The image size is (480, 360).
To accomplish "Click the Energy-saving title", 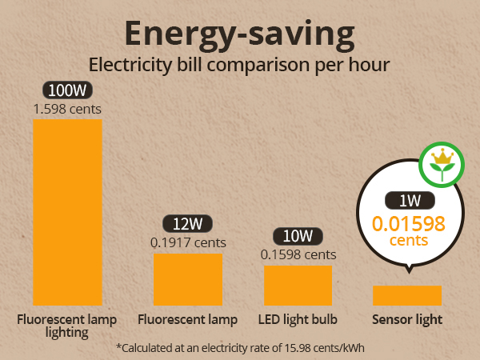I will (x=239, y=33).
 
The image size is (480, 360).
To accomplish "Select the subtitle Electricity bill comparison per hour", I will (x=239, y=64).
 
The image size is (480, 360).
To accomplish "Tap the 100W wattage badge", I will (x=67, y=90).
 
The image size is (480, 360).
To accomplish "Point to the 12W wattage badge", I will (x=187, y=225).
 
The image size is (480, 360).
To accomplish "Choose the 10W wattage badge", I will (x=298, y=237).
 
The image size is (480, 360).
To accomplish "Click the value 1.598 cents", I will (x=67, y=107).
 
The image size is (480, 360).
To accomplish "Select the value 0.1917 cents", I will (x=188, y=242).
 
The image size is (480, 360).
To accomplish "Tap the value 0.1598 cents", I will (x=298, y=254).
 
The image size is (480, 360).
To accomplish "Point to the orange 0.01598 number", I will (x=408, y=223).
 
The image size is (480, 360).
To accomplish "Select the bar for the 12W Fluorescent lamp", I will (x=188, y=279).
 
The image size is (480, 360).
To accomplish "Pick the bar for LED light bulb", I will (x=298, y=285).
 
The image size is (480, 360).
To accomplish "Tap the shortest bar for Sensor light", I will (x=407, y=295).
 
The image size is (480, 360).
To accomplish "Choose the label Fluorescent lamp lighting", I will (x=67, y=326).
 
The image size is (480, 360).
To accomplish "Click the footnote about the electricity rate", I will (x=239, y=347).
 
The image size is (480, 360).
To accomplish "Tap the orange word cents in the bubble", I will (x=408, y=240).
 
